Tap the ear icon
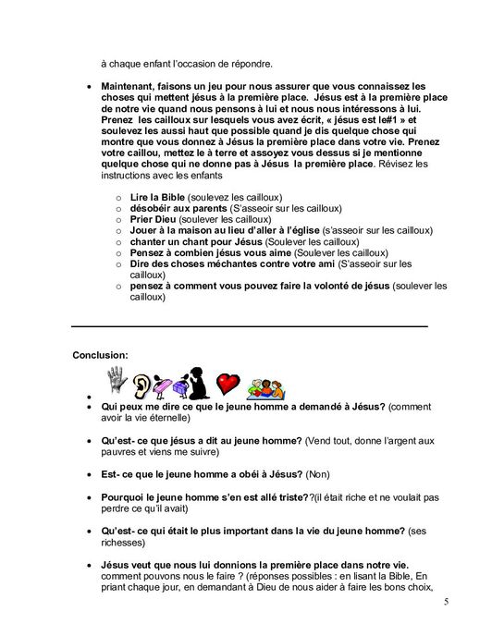pos(141,384)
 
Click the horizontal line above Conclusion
pos(250,326)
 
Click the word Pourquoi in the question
pos(126,497)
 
